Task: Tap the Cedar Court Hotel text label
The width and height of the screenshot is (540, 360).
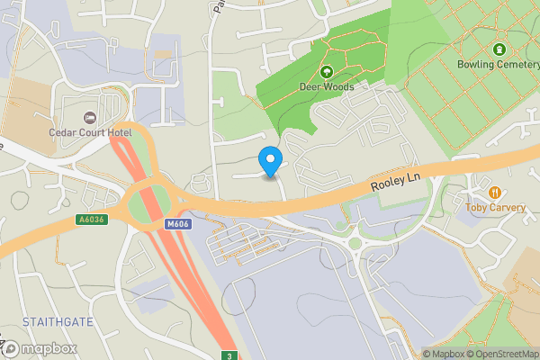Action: pos(90,133)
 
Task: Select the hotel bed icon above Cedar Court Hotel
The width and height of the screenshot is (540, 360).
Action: pos(89,118)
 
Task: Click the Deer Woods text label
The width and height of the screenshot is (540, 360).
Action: pos(326,86)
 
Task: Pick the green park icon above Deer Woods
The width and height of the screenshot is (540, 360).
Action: pos(326,71)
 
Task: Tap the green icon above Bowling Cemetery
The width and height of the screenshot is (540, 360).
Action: pos(499,49)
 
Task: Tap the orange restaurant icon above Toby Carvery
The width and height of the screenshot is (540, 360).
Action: pos(494,192)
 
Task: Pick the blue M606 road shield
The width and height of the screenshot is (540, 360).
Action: pos(176,223)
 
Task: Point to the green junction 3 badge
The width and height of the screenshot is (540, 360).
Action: pos(229,354)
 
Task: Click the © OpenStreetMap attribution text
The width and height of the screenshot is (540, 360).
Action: pos(500,354)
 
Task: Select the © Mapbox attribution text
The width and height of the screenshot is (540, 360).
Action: pos(441,354)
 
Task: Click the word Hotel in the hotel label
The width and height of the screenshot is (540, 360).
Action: pos(117,133)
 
